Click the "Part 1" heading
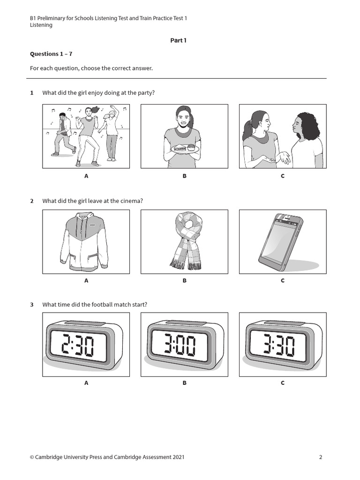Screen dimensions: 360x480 pos(178,40)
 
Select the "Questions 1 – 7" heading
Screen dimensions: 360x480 pos(51,54)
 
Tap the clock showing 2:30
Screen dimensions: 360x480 pos(84,345)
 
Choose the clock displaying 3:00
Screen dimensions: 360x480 pos(183,345)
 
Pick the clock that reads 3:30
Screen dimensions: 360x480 pos(281,345)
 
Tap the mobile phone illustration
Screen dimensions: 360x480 pos(281,242)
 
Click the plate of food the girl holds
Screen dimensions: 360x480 pos(187,149)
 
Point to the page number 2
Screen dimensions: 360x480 pos(321,457)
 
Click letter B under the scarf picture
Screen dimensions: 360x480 pos(184,280)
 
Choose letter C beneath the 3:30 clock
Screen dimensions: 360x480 pos(283,382)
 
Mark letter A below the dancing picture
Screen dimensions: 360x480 pos(86,176)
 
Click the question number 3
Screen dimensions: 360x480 pos(31,305)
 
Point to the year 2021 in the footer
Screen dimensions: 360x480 pos(179,457)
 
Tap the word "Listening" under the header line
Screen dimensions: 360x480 pos(41,25)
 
